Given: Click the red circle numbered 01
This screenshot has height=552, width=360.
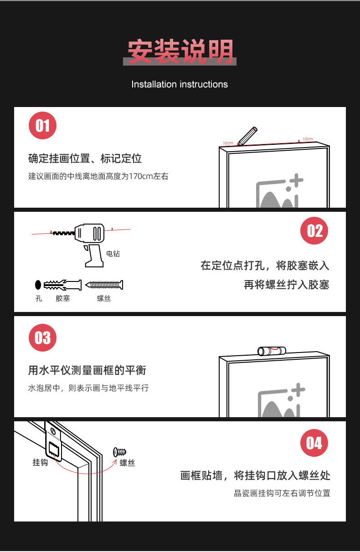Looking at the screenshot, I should (42, 125).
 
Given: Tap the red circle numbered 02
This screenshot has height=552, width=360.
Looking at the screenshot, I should (314, 230).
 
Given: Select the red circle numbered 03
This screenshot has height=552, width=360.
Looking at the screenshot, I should (42, 338).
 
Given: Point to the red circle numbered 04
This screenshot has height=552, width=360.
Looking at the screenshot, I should (314, 443).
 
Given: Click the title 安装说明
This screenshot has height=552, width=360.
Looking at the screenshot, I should (180, 52).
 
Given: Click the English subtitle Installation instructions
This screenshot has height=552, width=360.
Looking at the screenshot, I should (180, 84).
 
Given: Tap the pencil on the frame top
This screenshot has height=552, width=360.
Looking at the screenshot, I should (247, 135).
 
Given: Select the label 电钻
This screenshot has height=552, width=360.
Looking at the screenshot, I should (113, 254).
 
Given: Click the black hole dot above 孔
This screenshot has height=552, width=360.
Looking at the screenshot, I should (38, 285).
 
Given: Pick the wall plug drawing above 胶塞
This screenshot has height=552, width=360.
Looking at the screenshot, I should (63, 285).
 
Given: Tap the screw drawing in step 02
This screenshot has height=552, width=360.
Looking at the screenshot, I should (104, 285).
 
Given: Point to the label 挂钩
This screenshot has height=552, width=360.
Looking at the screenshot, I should (40, 462).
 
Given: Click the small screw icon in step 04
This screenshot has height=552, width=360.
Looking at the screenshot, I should (119, 452).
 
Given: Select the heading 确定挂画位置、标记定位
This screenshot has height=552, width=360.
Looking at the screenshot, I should (85, 158).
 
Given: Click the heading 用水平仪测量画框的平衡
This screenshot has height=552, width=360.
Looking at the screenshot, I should (87, 370).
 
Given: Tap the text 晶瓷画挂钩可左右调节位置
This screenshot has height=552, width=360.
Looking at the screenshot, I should (282, 493).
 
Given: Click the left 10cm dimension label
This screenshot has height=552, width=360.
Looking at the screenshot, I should (228, 143).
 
